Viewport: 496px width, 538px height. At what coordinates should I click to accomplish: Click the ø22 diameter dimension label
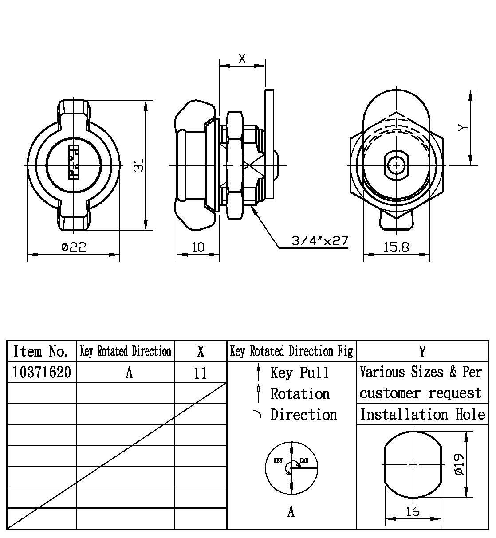pyautogui.click(x=74, y=247)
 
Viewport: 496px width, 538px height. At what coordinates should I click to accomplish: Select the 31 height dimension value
pyautogui.click(x=139, y=165)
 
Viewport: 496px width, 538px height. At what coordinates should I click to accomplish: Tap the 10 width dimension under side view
pyautogui.click(x=198, y=247)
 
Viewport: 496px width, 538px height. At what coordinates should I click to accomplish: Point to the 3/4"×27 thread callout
pyautogui.click(x=320, y=241)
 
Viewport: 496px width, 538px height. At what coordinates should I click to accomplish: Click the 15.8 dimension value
pyautogui.click(x=396, y=247)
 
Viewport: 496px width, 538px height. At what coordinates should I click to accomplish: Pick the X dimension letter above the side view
pyautogui.click(x=242, y=59)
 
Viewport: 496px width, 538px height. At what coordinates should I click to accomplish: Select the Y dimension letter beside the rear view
pyautogui.click(x=463, y=128)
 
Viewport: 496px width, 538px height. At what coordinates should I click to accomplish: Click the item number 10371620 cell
pyautogui.click(x=42, y=372)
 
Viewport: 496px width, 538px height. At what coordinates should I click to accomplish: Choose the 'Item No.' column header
pyautogui.click(x=40, y=351)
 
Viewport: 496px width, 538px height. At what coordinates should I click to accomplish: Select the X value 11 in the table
pyautogui.click(x=201, y=373)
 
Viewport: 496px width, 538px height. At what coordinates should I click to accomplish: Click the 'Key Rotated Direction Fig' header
pyautogui.click(x=291, y=351)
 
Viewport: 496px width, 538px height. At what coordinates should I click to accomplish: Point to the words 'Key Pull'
pyautogui.click(x=300, y=373)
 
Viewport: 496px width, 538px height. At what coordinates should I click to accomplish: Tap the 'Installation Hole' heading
pyautogui.click(x=422, y=414)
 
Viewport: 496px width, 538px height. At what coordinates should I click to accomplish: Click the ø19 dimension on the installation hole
pyautogui.click(x=459, y=464)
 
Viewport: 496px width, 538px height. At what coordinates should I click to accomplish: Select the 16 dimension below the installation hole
pyautogui.click(x=413, y=511)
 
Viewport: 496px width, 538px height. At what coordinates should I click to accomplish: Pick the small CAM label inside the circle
pyautogui.click(x=304, y=460)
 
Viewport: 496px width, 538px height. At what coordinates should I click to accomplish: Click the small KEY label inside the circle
pyautogui.click(x=278, y=460)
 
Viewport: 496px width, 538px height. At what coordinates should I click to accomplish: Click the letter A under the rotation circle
pyautogui.click(x=291, y=512)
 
